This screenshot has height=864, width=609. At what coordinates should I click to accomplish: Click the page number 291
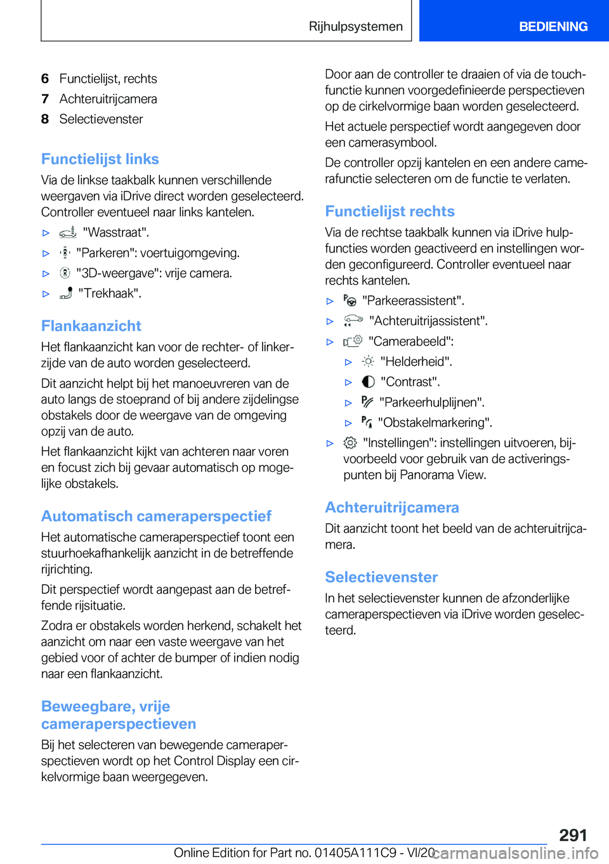[x=573, y=835]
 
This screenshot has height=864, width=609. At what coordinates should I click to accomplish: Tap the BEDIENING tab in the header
[x=553, y=27]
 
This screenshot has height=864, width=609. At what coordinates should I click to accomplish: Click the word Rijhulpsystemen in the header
[x=355, y=27]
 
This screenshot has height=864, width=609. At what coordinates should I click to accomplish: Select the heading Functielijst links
[x=100, y=159]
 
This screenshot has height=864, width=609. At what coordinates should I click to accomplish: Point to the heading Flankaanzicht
[x=91, y=326]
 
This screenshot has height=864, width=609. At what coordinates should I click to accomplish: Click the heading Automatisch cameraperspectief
[x=156, y=516]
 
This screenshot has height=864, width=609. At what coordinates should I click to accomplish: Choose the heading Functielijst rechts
[x=390, y=211]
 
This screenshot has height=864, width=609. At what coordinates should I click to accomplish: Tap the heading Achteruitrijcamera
[x=392, y=507]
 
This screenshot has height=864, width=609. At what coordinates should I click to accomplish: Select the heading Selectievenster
[x=381, y=577]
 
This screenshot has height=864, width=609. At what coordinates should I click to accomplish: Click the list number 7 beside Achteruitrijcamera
[x=45, y=99]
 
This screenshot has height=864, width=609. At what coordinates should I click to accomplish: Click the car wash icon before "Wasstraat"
[x=68, y=233]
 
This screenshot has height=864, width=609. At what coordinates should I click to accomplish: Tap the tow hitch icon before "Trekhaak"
[x=66, y=293]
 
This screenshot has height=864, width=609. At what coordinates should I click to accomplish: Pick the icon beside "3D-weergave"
[x=65, y=273]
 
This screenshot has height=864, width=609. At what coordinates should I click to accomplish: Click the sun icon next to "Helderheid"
[x=368, y=362]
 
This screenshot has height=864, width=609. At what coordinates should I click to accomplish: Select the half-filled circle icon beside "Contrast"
[x=368, y=382]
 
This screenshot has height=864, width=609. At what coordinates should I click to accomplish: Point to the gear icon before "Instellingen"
[x=350, y=443]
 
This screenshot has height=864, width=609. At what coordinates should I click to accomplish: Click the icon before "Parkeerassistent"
[x=350, y=301]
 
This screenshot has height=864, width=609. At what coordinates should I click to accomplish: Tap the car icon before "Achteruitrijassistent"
[x=353, y=321]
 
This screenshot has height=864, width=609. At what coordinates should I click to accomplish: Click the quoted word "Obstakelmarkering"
[x=435, y=422]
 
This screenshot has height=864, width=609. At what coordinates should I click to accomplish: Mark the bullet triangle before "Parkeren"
[x=46, y=254]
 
